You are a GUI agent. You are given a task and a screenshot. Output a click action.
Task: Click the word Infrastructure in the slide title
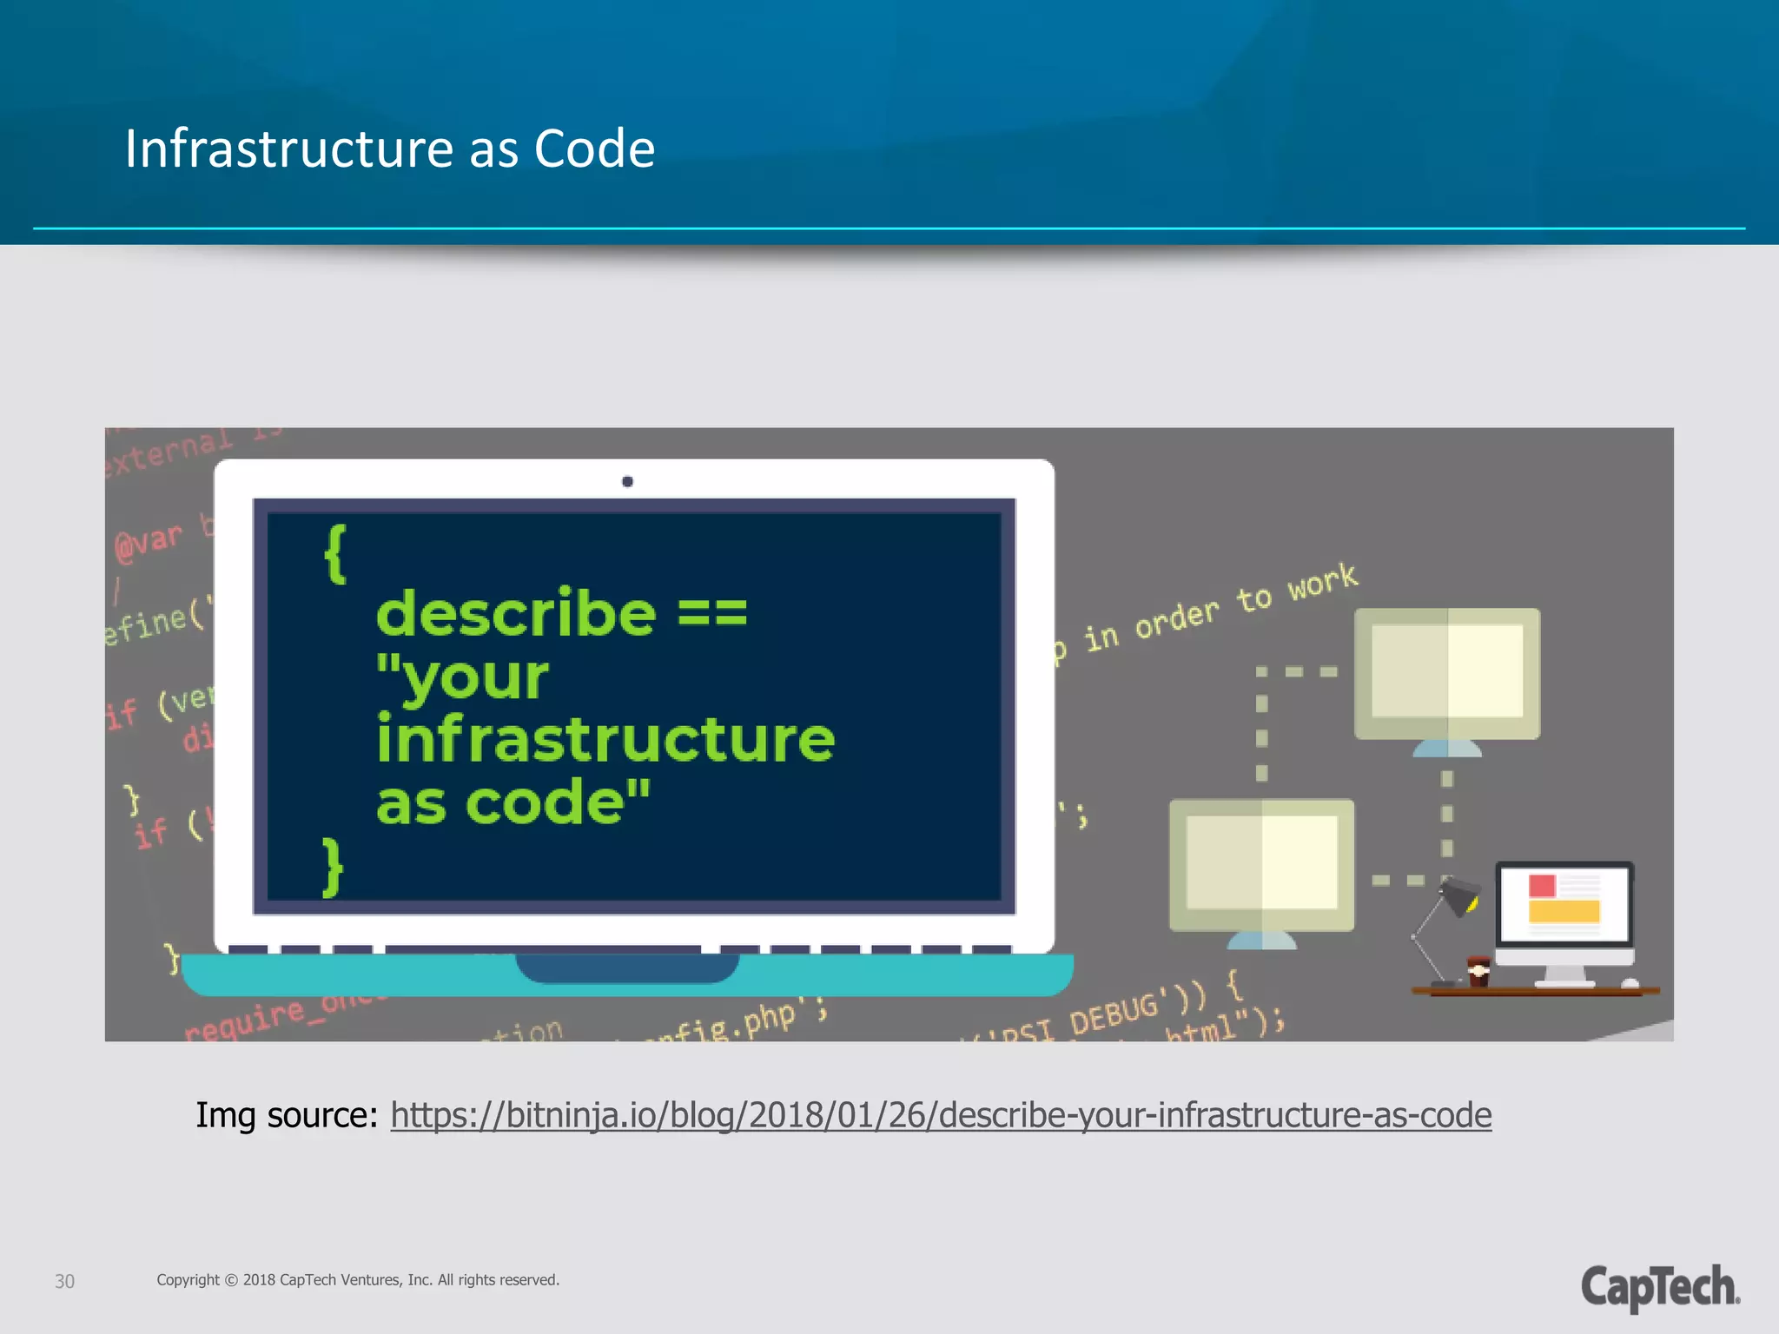click(x=290, y=149)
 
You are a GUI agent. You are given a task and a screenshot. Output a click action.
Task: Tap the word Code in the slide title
click(x=594, y=149)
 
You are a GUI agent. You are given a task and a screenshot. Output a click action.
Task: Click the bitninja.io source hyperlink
click(x=941, y=1114)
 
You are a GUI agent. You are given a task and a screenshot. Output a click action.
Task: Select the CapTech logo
click(x=1660, y=1287)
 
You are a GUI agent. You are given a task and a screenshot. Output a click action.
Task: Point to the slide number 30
click(x=64, y=1281)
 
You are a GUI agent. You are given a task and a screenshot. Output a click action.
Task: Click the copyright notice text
click(x=358, y=1280)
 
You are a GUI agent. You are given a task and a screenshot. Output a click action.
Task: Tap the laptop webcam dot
click(x=627, y=482)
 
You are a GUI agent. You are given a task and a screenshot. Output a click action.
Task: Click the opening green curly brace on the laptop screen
click(x=335, y=554)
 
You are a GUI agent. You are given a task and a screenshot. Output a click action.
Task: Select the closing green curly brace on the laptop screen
click(x=333, y=867)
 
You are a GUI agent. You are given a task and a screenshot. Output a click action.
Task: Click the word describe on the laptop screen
click(x=516, y=613)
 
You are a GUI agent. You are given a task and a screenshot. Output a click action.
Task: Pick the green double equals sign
click(x=711, y=613)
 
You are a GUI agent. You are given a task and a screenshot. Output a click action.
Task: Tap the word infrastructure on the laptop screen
click(x=605, y=739)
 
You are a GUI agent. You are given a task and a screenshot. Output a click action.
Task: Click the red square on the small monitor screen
click(x=1542, y=886)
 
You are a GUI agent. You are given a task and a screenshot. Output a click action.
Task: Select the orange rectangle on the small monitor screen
click(x=1564, y=910)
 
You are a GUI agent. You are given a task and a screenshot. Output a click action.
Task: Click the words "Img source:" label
click(x=287, y=1115)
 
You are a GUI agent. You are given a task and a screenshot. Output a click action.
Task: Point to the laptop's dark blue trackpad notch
click(x=627, y=967)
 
